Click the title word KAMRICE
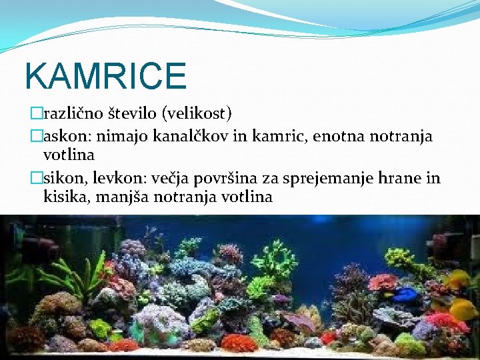click(x=105, y=75)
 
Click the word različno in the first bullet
click(x=71, y=114)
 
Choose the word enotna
click(x=324, y=137)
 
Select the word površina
click(x=230, y=178)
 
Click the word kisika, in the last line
click(x=65, y=197)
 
